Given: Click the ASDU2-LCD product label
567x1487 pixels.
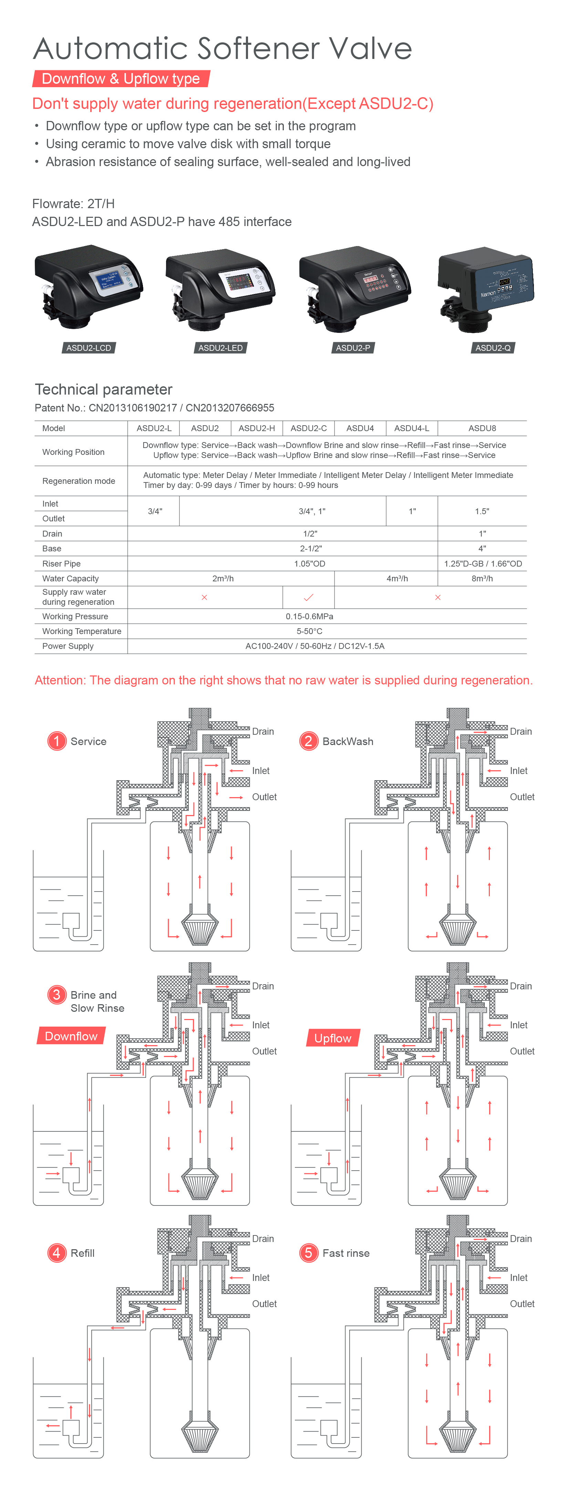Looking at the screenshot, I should point(88,347).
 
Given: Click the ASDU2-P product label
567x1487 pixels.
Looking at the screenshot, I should point(353,347).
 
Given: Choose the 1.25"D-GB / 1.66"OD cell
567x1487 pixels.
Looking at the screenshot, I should point(483,563).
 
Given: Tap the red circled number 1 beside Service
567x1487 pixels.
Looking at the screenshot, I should point(56,741).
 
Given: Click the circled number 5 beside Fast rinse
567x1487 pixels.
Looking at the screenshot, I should point(309,1253).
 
